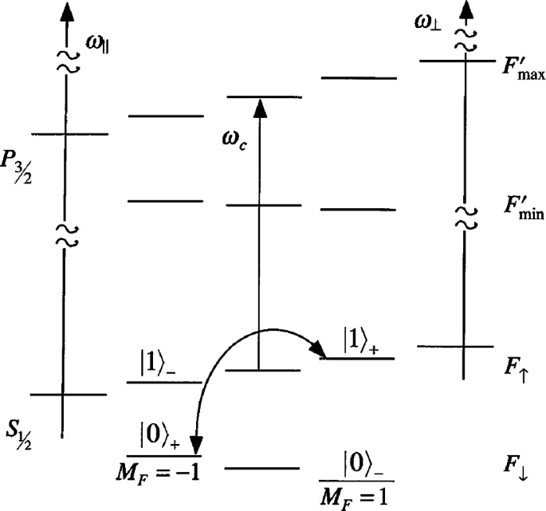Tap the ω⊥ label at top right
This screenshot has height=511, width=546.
(x=426, y=22)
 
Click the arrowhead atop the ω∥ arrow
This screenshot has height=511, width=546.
(x=66, y=12)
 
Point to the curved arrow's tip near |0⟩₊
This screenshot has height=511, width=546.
(x=196, y=447)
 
